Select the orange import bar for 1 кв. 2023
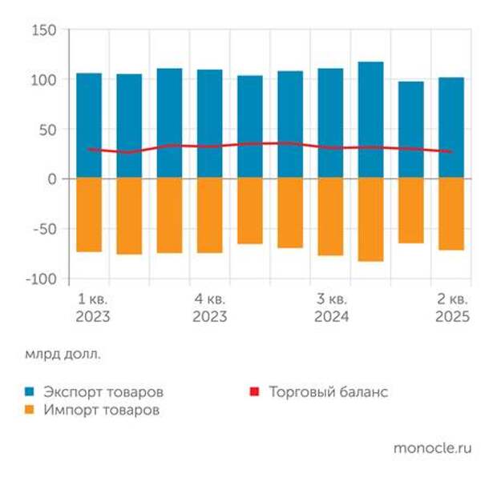(x=89, y=214)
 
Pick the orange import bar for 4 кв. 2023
(x=210, y=215)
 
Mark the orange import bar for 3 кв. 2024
(x=330, y=217)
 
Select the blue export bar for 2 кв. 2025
(x=451, y=127)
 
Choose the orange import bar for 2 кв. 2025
(x=451, y=214)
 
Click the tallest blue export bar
(x=370, y=120)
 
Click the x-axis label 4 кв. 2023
(x=210, y=307)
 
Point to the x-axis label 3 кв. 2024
(x=331, y=307)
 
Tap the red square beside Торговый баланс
(x=256, y=392)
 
